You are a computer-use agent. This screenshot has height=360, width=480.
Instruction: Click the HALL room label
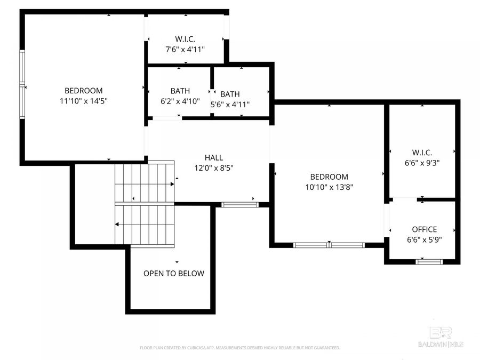[214, 158]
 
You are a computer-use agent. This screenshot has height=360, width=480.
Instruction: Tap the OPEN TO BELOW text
[174, 274]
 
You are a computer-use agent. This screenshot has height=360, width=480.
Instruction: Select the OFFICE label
[424, 229]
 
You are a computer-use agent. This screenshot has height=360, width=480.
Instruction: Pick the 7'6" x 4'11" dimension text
[185, 49]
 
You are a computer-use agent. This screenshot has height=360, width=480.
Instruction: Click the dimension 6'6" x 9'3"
[421, 163]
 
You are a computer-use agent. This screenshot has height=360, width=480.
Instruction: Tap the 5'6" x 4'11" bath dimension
[230, 104]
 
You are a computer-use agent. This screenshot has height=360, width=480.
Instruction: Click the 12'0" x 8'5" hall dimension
[214, 167]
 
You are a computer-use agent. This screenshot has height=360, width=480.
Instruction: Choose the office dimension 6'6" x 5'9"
[424, 239]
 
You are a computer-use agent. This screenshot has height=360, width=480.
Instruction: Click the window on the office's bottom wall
[429, 261]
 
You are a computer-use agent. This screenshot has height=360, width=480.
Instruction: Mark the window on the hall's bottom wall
[239, 204]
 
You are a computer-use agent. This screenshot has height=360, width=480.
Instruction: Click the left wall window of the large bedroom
[22, 85]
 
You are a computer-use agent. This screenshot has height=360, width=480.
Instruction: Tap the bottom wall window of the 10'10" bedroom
[329, 245]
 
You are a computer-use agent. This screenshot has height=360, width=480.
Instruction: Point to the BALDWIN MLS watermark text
[441, 344]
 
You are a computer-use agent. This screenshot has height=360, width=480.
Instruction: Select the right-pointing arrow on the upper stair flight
[172, 184]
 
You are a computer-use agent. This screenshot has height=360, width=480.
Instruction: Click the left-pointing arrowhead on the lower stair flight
[117, 225]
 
